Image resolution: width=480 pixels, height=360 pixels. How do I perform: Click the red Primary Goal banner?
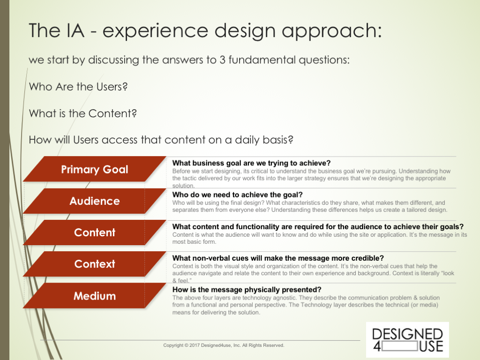coord(95,169)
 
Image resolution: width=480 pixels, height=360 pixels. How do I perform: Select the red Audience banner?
coord(95,201)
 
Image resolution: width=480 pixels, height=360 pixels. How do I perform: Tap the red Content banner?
coord(95,232)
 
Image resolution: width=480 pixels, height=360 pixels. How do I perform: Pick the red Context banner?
coord(95,264)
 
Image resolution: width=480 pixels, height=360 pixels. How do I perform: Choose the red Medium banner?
coord(95,296)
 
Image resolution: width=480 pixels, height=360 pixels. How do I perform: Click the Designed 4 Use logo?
coord(407,339)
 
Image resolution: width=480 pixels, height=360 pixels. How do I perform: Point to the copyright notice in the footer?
coord(224,345)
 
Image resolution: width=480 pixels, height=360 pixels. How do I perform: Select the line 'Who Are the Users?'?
coord(78,87)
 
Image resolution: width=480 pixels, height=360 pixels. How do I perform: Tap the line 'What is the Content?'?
coord(82,113)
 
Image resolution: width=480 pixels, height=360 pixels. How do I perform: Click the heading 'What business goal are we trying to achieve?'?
coord(251,163)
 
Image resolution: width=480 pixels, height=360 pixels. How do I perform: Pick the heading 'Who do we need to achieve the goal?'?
coord(237,195)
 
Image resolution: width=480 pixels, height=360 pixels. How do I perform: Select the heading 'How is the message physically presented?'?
coord(247,290)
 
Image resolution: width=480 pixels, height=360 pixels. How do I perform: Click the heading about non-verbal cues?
coord(278,258)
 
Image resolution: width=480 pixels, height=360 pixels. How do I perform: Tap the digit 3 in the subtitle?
coord(223,60)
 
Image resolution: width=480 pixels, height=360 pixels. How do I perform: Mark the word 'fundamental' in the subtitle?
coord(262,60)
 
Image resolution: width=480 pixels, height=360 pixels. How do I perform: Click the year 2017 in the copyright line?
coord(195,345)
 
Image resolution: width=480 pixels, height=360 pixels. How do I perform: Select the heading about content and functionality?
coord(318,226)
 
